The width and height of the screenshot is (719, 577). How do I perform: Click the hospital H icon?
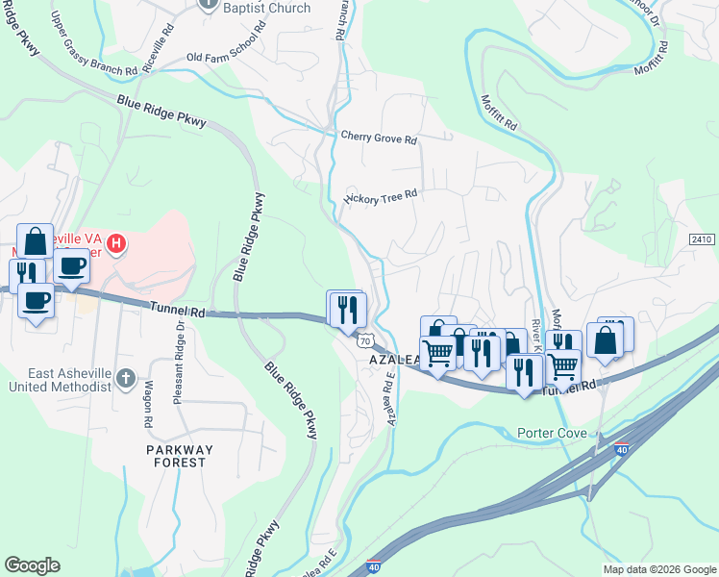coord(116,244)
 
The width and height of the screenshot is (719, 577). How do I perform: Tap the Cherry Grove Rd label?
coord(379,138)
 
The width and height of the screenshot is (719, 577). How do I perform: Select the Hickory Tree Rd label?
coord(382,194)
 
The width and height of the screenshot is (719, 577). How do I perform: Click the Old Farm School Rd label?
coord(234,58)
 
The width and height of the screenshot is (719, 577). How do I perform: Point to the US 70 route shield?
coord(363,341)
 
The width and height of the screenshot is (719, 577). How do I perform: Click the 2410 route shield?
coord(703,239)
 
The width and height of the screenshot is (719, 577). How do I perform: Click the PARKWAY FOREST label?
coord(176,456)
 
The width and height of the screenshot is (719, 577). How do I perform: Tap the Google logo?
coord(32,565)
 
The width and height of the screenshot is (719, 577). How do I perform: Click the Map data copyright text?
coord(658,569)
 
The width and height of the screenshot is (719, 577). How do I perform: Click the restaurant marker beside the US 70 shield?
coord(346,310)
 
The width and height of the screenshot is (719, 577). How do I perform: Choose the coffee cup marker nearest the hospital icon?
coord(71,266)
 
